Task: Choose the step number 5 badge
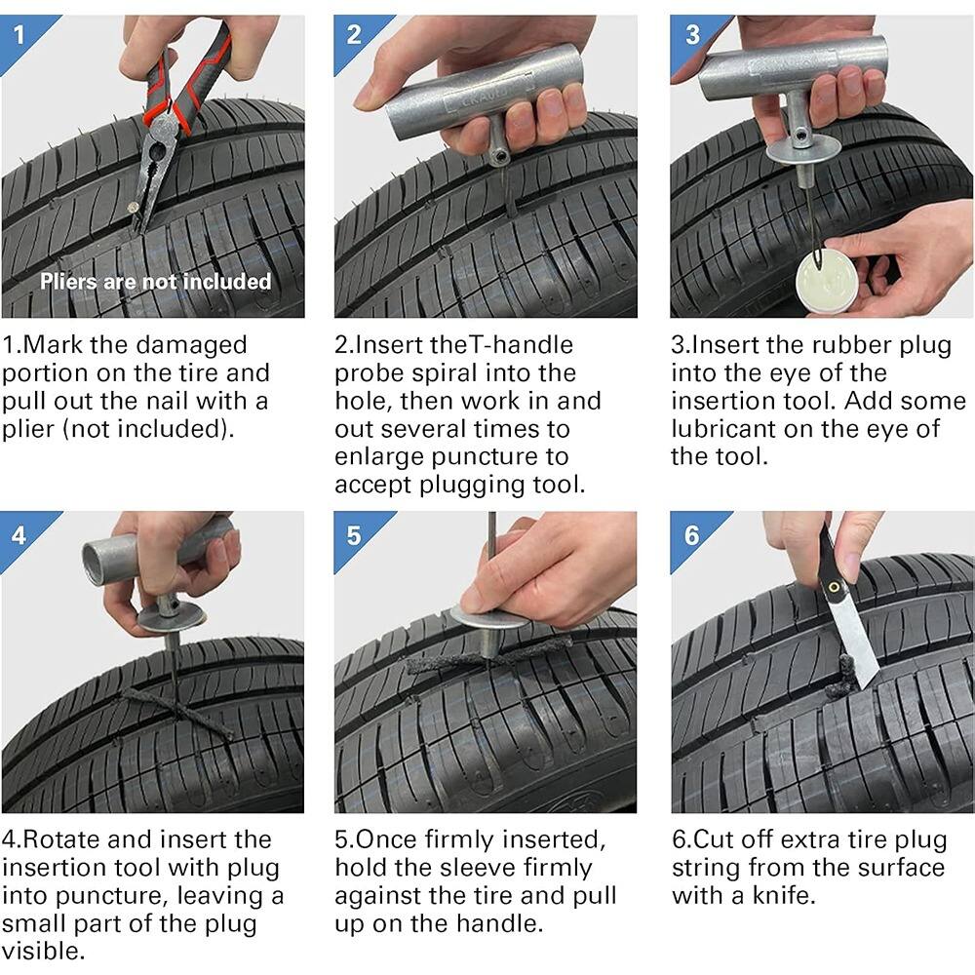click(x=354, y=534)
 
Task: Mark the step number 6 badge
click(x=691, y=534)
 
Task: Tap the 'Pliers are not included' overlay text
click(x=155, y=282)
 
